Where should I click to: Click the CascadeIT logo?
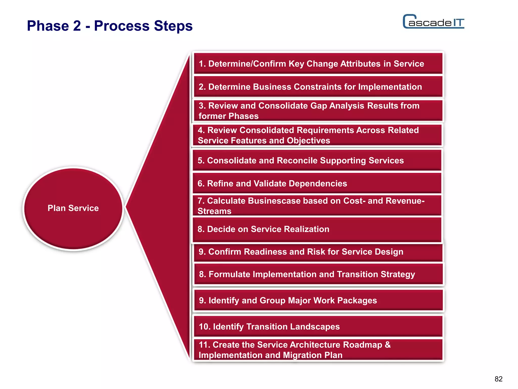point(434,22)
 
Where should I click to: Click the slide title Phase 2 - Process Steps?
point(110,26)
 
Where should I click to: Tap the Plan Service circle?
point(73,208)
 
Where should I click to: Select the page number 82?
point(498,379)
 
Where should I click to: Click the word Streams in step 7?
point(214,211)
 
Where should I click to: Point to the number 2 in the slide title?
point(77,26)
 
